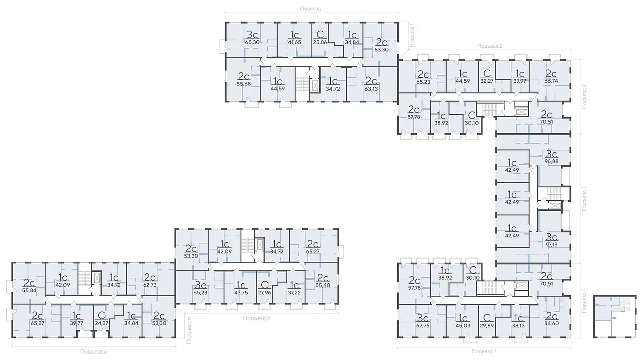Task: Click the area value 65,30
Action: click(x=252, y=42)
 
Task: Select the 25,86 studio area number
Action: click(x=320, y=42)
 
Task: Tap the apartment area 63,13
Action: click(x=371, y=89)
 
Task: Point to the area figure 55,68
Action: click(x=244, y=84)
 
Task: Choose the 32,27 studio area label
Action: click(x=487, y=81)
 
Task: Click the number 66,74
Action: click(x=551, y=81)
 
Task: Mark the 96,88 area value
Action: click(x=552, y=161)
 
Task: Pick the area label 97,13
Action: click(x=551, y=245)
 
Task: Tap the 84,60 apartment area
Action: click(x=551, y=323)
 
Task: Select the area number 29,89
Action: click(x=487, y=326)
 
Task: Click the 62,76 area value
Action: click(x=423, y=326)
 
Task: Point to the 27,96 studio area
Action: click(x=265, y=293)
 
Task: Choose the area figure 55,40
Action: click(x=323, y=285)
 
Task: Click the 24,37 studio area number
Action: click(x=102, y=323)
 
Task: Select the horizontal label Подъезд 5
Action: click(x=257, y=318)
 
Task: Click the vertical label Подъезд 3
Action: click(x=584, y=198)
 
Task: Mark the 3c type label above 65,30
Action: click(x=252, y=35)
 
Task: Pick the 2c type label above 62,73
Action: click(x=150, y=277)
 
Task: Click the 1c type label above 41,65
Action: click(x=294, y=35)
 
